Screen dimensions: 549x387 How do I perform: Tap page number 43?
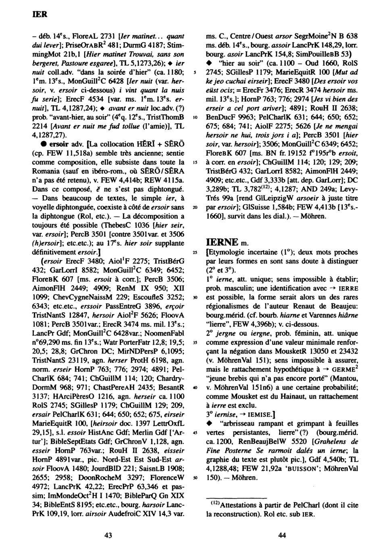pos(108,535)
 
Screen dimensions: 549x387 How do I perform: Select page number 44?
pos(282,535)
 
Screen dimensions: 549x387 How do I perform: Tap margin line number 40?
pos(195,388)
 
